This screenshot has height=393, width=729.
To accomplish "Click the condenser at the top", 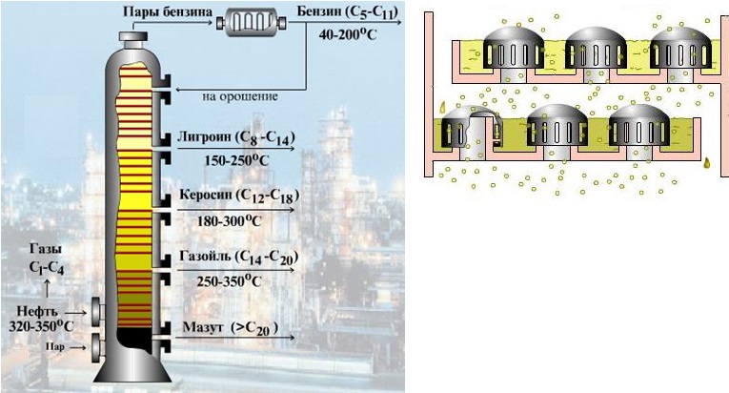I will pos(254,20).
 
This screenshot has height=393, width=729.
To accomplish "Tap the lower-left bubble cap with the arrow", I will pos(459,130).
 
